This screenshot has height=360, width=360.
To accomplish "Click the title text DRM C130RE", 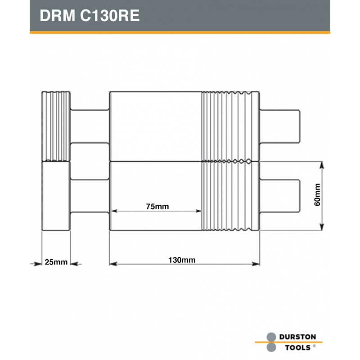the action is pyautogui.click(x=90, y=16).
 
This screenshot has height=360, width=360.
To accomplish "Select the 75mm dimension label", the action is pyautogui.click(x=157, y=207).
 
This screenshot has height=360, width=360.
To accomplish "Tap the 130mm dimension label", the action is pyautogui.click(x=182, y=260).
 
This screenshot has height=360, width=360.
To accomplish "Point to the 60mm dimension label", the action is pyautogui.click(x=317, y=195).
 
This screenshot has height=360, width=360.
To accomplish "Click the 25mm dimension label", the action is pyautogui.click(x=56, y=262).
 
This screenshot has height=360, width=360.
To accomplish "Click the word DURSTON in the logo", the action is pyautogui.click(x=297, y=337).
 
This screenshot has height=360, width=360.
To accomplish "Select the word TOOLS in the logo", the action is pyautogui.click(x=298, y=347).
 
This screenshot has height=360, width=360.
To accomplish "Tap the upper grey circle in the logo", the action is pyautogui.click(x=271, y=337).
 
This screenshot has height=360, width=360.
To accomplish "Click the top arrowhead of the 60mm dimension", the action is pyautogui.click(x=322, y=165).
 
